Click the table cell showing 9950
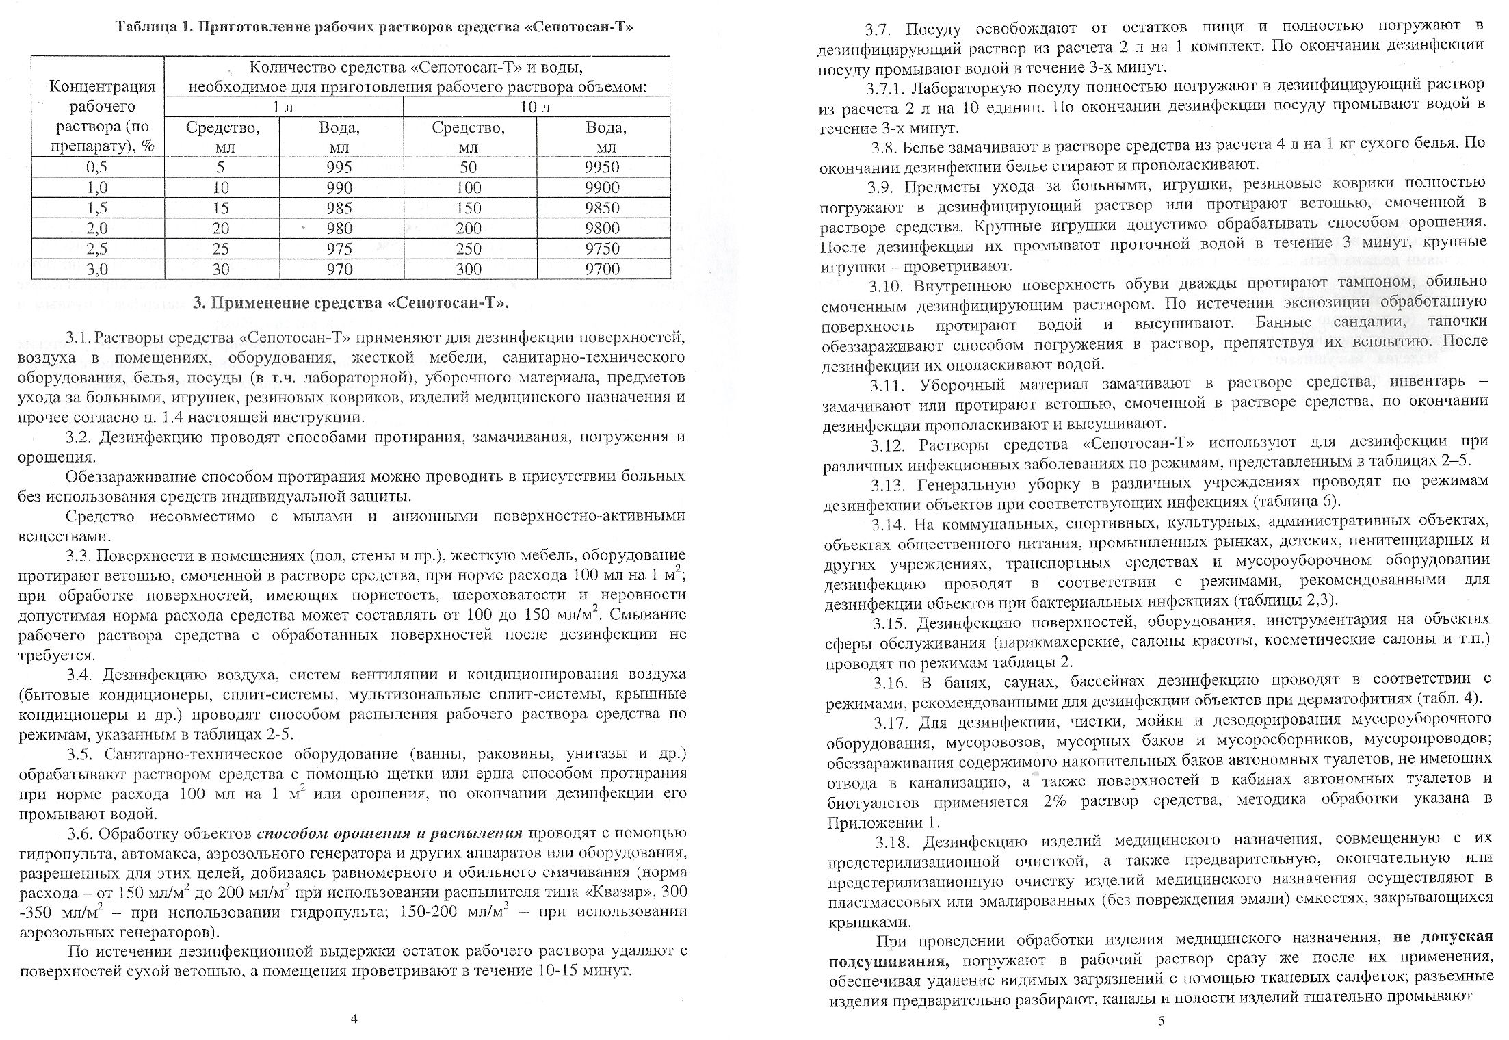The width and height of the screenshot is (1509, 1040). pyautogui.click(x=603, y=168)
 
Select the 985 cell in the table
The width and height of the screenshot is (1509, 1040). pyautogui.click(x=339, y=208)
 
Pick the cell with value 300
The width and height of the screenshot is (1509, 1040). pyautogui.click(x=469, y=269)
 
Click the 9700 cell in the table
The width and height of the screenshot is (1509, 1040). pyautogui.click(x=603, y=269)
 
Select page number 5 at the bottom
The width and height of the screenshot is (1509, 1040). pyautogui.click(x=1161, y=1022)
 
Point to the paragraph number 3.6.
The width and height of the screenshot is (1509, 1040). pyautogui.click(x=81, y=834)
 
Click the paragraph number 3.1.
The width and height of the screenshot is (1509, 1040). pyautogui.click(x=77, y=338)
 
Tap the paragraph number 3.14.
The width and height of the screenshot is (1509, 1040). pyautogui.click(x=890, y=524)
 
